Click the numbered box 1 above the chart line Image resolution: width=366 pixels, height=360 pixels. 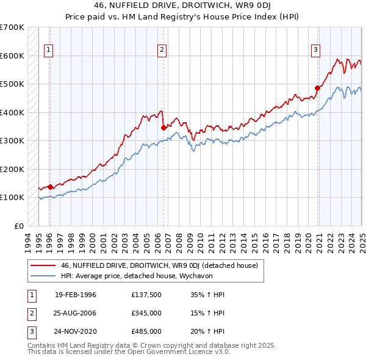pyautogui.click(x=48, y=51)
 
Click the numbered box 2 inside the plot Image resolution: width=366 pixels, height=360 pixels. pyautogui.click(x=162, y=51)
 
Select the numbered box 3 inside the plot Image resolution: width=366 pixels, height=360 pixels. pyautogui.click(x=316, y=51)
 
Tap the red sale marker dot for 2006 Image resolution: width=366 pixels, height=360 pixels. pyautogui.click(x=163, y=128)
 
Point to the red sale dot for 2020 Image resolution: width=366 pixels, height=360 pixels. pyautogui.click(x=317, y=88)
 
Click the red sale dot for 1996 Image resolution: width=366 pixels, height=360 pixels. pyautogui.click(x=50, y=187)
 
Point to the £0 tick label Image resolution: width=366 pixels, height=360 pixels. pyautogui.click(x=18, y=226)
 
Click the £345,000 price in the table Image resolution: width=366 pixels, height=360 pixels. pyautogui.click(x=146, y=313)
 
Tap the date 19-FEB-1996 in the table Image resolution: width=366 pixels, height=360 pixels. pyautogui.click(x=76, y=295)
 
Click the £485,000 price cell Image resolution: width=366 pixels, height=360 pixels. pyautogui.click(x=146, y=331)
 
